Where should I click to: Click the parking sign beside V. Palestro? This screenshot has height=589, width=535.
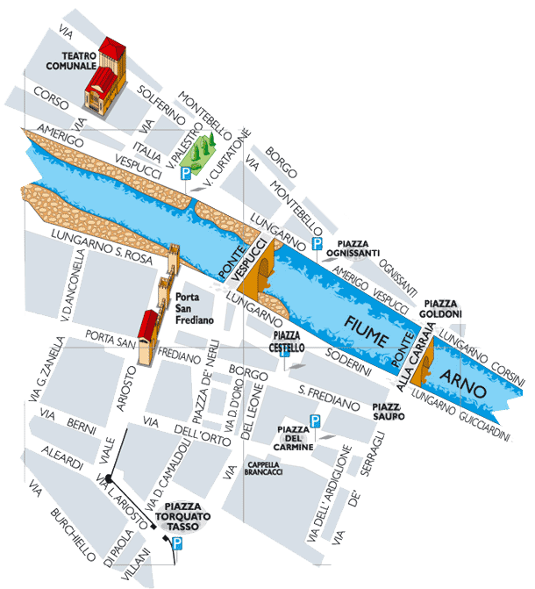tap(185, 176)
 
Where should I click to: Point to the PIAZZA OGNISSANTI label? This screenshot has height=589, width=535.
tap(353, 248)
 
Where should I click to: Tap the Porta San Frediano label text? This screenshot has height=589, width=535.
tap(195, 308)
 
